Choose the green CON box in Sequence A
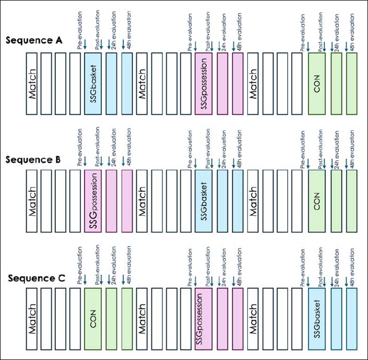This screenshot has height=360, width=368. [x=317, y=84]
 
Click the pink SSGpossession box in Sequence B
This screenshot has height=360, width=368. [x=93, y=202]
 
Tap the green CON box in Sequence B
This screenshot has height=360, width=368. [x=317, y=202]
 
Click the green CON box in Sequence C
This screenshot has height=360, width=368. [x=93, y=319]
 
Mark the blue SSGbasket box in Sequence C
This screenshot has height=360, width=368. [x=317, y=319]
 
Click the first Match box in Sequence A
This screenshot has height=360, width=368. [x=32, y=84]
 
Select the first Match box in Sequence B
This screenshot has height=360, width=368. [x=32, y=202]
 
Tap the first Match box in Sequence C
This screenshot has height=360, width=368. [x=32, y=319]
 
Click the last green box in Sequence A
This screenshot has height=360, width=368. [x=351, y=84]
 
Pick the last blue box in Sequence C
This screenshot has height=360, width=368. [x=351, y=319]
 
